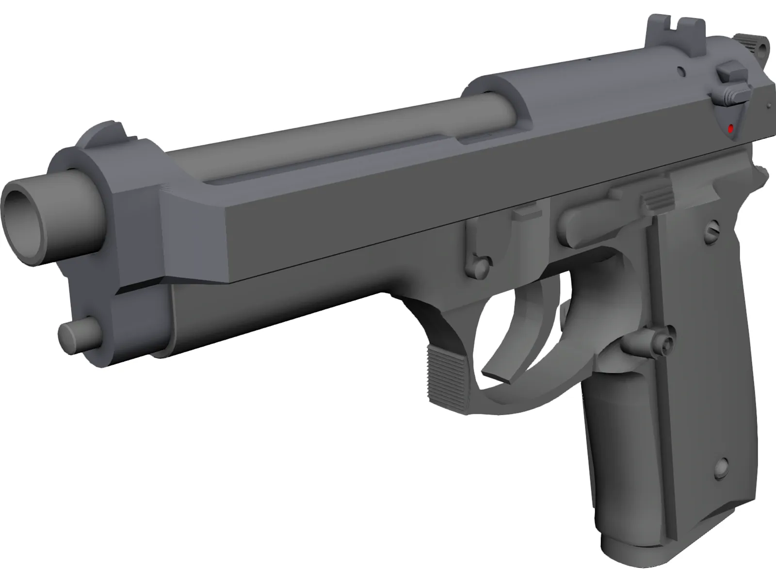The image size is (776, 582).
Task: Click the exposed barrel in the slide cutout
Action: click(x=339, y=141)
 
